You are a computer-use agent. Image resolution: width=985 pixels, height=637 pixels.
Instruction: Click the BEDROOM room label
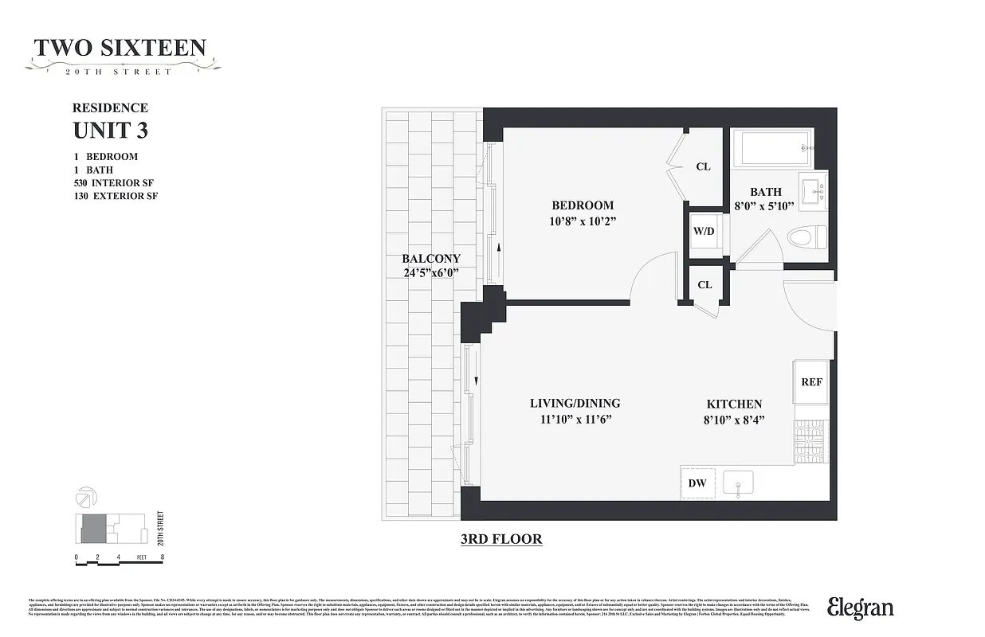(x=583, y=205)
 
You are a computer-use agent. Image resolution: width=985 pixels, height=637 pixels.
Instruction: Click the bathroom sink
(x=814, y=191)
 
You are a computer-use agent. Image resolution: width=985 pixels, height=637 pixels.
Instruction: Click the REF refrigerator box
(x=811, y=382)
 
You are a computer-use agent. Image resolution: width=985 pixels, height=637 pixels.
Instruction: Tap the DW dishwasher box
(x=697, y=483)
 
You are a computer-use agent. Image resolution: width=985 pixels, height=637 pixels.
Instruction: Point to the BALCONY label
(x=430, y=259)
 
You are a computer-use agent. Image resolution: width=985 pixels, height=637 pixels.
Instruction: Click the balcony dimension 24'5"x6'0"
(x=431, y=273)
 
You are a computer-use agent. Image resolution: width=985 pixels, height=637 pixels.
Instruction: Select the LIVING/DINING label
(x=575, y=403)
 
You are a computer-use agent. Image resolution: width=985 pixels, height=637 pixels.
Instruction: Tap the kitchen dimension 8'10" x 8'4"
(x=733, y=419)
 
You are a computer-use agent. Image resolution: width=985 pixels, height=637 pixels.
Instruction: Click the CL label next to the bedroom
(x=703, y=167)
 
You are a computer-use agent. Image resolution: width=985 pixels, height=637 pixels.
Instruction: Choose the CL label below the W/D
(x=704, y=284)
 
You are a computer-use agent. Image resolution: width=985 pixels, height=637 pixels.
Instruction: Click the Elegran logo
(x=860, y=608)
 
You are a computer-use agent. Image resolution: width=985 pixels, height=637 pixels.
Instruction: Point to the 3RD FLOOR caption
(x=501, y=539)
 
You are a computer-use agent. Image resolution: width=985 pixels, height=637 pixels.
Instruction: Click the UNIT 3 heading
(x=111, y=129)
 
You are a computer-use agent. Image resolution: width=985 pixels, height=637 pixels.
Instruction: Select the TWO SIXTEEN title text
(x=120, y=49)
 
